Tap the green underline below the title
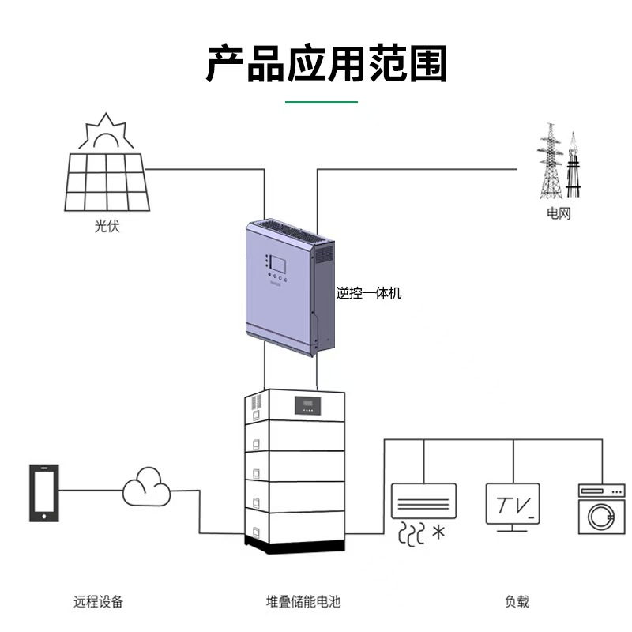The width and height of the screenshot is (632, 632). click(322, 102)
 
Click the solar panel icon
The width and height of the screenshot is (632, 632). click(105, 181)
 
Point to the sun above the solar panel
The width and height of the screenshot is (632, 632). click(106, 133)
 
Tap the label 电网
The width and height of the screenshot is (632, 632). click(558, 213)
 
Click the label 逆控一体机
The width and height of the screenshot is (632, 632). click(369, 293)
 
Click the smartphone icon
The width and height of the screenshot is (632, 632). click(43, 492)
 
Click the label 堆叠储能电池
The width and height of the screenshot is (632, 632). click(303, 602)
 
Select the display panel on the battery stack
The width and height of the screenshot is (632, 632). click(308, 407)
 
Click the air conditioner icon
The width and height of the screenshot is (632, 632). click(423, 501)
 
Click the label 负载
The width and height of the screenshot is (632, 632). click(517, 602)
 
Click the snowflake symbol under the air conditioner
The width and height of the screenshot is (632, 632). click(437, 532)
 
